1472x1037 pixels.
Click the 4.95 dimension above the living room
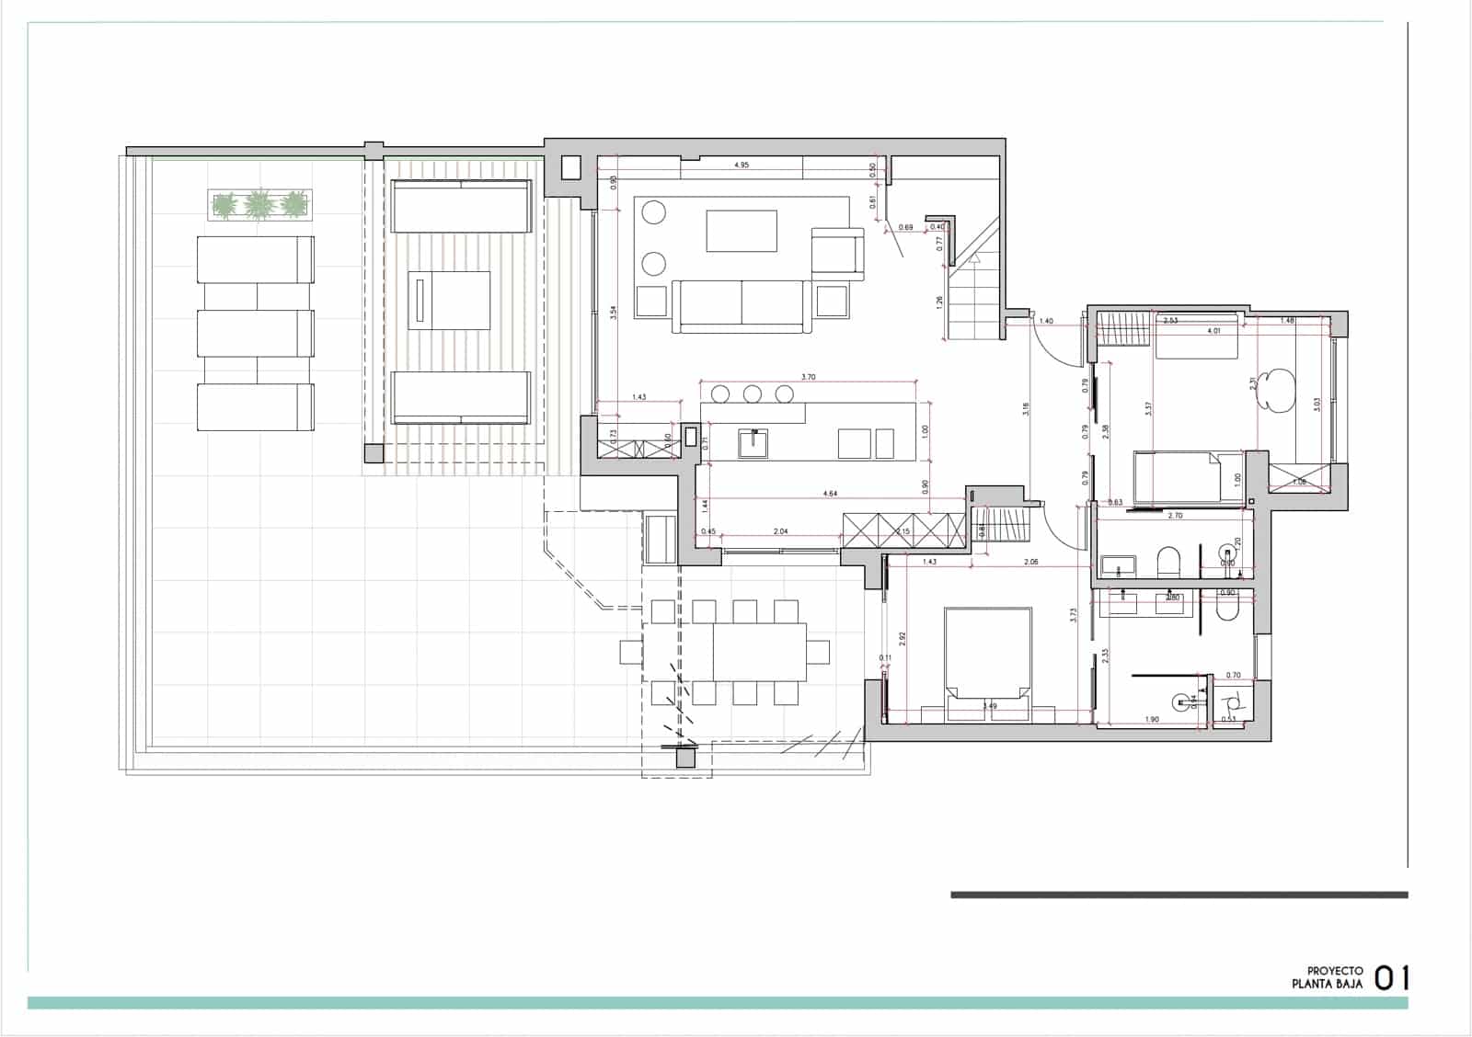pos(742,165)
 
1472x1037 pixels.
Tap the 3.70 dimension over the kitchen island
pos(809,377)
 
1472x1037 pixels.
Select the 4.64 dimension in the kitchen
pos(830,494)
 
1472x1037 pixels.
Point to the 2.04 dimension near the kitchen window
pos(780,531)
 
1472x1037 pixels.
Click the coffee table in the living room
pos(742,231)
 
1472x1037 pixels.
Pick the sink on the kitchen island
pos(753,443)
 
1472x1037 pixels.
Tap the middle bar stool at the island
pos(753,394)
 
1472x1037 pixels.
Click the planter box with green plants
pos(260,204)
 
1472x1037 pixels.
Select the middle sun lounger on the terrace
pos(256,333)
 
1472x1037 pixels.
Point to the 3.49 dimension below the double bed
pos(989,706)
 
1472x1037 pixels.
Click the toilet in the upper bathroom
pos(1168,559)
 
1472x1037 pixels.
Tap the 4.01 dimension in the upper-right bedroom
pos(1213,330)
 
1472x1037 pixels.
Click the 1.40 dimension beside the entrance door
pos(1046,321)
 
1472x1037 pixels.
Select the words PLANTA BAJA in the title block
pos(1327,984)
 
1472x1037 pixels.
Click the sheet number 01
pos(1391,978)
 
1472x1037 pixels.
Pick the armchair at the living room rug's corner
pos(837,253)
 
